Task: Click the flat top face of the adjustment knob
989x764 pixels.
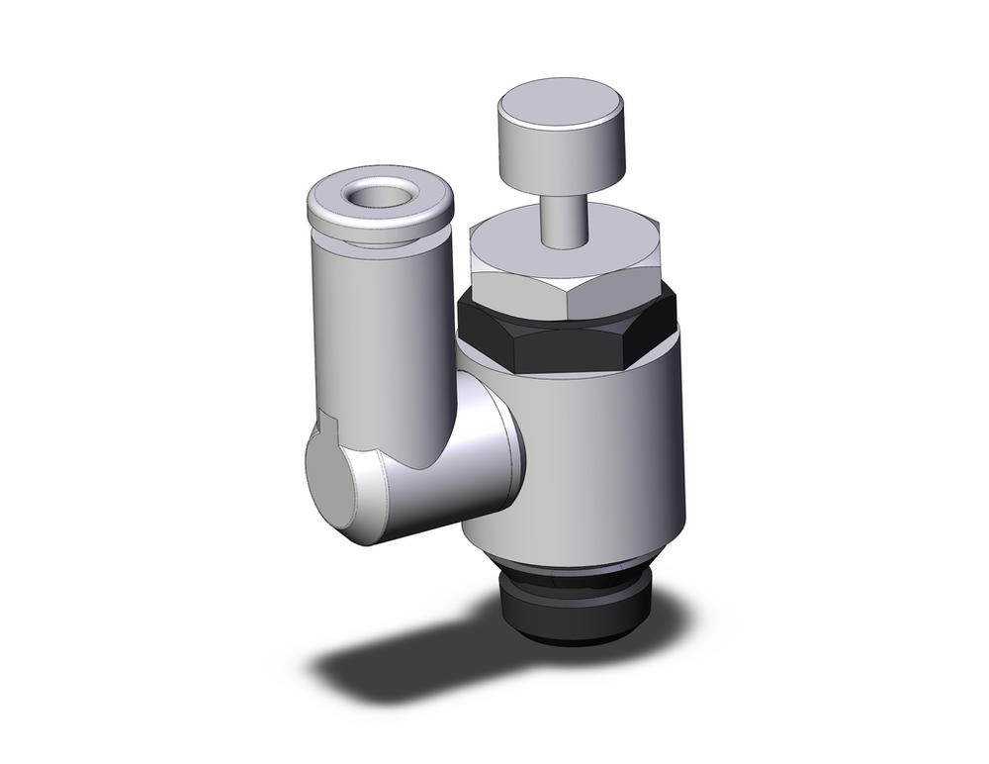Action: pyautogui.click(x=562, y=102)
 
